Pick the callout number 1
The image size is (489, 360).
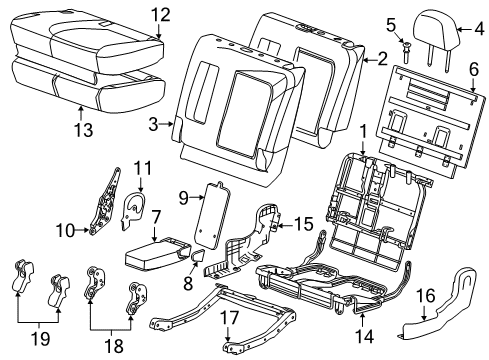pyautogui.click(x=363, y=131)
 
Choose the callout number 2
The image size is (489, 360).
pyautogui.click(x=381, y=60)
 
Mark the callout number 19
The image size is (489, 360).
pyautogui.click(x=39, y=343)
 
